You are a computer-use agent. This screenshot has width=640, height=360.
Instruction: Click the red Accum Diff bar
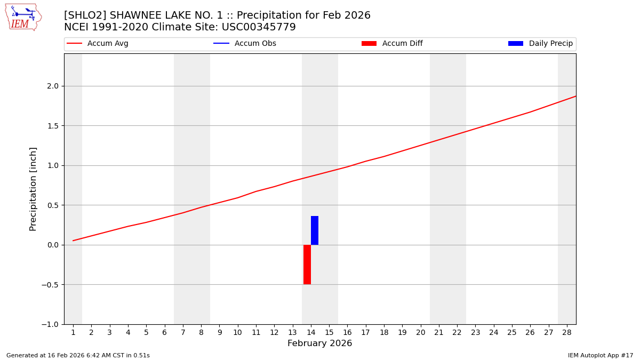click(x=307, y=265)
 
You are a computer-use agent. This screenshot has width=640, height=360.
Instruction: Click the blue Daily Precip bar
click(x=315, y=230)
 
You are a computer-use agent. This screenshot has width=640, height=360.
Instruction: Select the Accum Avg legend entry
click(x=98, y=44)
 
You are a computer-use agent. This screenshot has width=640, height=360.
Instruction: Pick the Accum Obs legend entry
click(x=245, y=44)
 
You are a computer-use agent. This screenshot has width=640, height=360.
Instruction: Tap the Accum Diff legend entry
click(x=392, y=44)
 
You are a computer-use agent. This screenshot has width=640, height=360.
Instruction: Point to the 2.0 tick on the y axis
click(x=53, y=86)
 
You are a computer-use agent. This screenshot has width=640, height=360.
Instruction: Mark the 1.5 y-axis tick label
click(x=53, y=126)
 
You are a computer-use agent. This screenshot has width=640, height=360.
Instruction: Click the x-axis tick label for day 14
click(x=311, y=333)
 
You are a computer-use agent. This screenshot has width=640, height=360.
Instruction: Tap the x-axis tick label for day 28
click(x=567, y=333)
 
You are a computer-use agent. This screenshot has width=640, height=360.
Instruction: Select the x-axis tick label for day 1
click(x=73, y=333)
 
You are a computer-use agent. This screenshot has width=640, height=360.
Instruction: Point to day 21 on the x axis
click(x=439, y=333)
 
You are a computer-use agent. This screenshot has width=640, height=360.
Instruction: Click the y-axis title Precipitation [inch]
click(x=33, y=189)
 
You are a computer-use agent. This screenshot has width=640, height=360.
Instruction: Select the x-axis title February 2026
click(x=319, y=343)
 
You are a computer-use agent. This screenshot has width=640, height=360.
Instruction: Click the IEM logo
click(x=23, y=17)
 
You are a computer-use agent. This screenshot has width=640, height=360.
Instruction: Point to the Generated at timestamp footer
click(x=78, y=355)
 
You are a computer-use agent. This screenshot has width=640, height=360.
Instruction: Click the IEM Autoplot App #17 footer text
click(x=601, y=355)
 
